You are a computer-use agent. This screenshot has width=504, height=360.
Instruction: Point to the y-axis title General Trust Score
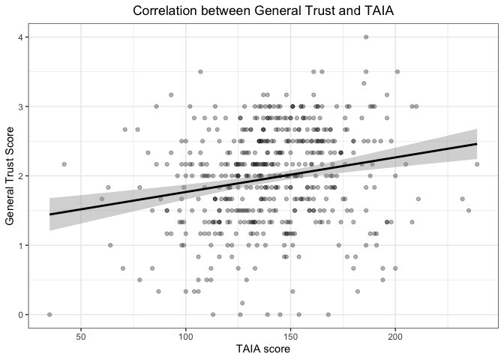[x=10, y=175]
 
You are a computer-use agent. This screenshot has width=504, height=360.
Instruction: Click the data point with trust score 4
[x=366, y=37]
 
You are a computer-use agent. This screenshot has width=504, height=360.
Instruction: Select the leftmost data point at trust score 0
[x=49, y=314]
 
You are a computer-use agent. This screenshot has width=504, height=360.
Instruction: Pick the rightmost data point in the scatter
[x=477, y=164]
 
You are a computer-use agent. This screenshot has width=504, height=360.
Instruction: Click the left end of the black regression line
[x=50, y=214]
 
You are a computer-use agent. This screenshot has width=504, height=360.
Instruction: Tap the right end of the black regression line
[x=477, y=144]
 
